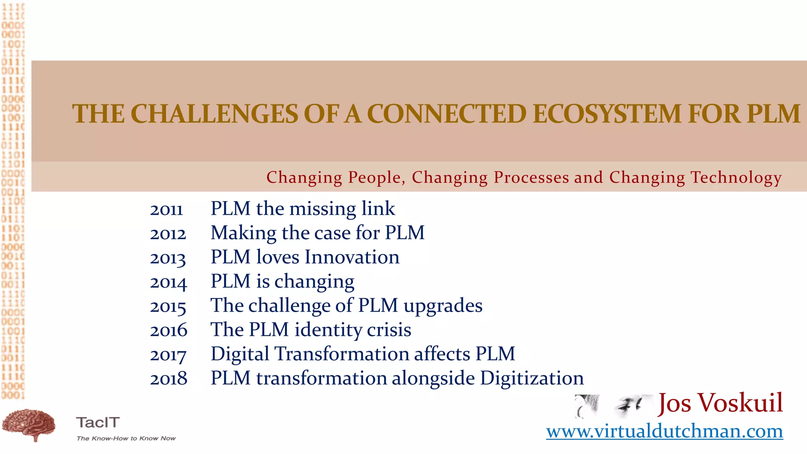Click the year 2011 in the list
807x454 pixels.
tap(166, 209)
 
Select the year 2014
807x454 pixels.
tap(168, 282)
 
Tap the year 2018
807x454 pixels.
tap(169, 379)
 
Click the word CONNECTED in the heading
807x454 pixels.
tap(447, 114)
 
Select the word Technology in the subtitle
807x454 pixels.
tap(736, 177)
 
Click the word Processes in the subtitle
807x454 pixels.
tap(531, 177)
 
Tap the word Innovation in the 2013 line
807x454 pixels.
tap(352, 257)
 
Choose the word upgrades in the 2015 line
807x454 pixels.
tap(443, 306)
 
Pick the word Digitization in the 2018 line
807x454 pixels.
tap(532, 378)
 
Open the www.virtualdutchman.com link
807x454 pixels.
tap(664, 431)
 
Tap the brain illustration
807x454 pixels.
tap(29, 425)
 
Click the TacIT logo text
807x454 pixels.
tap(98, 422)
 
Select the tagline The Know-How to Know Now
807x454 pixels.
tap(126, 438)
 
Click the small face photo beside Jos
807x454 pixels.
tap(613, 406)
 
